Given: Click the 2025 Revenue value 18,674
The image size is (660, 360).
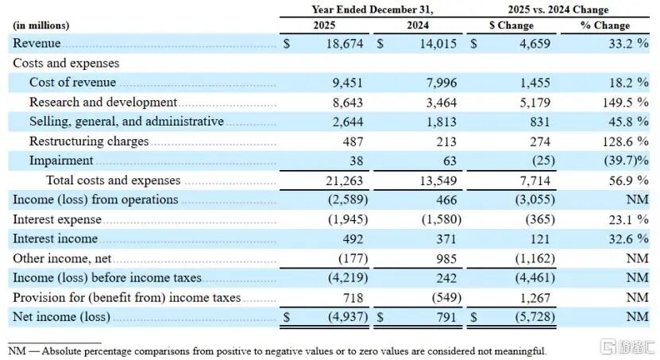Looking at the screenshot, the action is (345, 44).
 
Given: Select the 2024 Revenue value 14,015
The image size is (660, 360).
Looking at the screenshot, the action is (438, 44).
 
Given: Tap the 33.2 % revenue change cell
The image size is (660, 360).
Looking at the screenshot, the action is (628, 44).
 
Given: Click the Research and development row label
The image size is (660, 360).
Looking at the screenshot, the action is (103, 103).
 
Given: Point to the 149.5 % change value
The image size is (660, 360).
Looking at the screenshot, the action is (626, 103).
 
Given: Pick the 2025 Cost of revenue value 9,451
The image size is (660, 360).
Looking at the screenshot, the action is (348, 83).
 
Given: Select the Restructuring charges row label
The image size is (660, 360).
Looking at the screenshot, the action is (89, 141).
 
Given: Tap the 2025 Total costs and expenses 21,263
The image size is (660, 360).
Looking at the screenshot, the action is (345, 180).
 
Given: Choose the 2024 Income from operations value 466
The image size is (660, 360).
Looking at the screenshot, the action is (446, 199).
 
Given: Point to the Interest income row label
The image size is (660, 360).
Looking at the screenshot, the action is (55, 238).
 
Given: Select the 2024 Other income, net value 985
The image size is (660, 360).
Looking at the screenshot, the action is (446, 258).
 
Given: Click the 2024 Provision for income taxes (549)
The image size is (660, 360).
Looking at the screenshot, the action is (446, 298).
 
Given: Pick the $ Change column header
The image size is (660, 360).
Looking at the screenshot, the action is (511, 25).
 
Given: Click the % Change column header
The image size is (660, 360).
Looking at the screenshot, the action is (605, 25).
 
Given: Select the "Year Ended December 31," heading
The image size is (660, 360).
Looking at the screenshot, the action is (372, 10).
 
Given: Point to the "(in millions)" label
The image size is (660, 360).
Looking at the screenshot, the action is (41, 25).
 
